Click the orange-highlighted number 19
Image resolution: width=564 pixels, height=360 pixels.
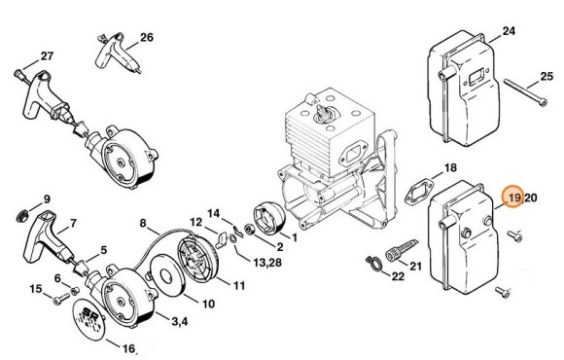(x=514, y=198)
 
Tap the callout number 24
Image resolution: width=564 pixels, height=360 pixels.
(x=509, y=31)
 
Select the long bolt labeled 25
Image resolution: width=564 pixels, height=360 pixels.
(x=525, y=92)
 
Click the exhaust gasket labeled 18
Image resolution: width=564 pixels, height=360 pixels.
(x=419, y=194)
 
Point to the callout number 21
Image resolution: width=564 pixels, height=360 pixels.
(x=415, y=266)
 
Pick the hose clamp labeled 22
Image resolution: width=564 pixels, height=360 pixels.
(x=373, y=263)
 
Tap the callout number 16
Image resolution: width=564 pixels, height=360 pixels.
(x=128, y=348)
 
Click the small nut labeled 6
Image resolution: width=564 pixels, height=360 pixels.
(x=75, y=291)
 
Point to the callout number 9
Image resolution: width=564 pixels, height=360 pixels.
(x=47, y=199)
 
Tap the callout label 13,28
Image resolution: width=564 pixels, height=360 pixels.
(x=266, y=262)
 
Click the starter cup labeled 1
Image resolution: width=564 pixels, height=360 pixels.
(x=269, y=220)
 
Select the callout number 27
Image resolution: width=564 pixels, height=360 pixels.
(x=47, y=56)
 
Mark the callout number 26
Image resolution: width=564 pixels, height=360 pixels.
(x=147, y=37)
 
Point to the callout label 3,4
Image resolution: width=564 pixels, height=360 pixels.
(x=180, y=321)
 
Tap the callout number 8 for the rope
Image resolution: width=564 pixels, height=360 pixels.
(x=143, y=223)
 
